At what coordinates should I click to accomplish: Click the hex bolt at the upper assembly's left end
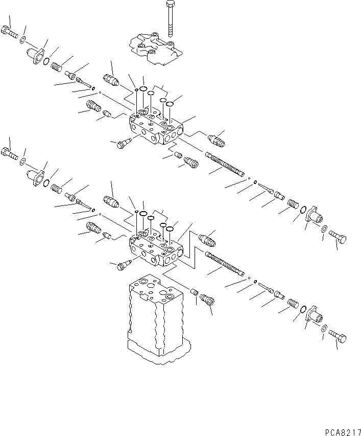click(x=9, y=32)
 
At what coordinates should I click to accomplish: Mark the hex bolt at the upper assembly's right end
click(x=338, y=238)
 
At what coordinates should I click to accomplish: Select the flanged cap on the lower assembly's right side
click(x=314, y=316)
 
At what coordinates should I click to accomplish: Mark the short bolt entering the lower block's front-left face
click(x=123, y=264)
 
